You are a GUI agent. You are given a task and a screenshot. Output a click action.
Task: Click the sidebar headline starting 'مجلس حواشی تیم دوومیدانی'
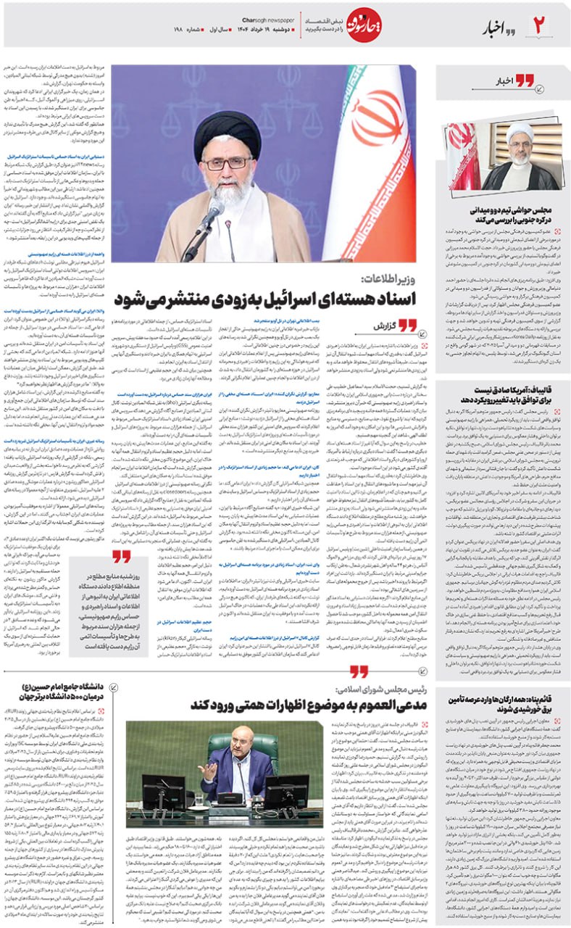click(504, 213)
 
